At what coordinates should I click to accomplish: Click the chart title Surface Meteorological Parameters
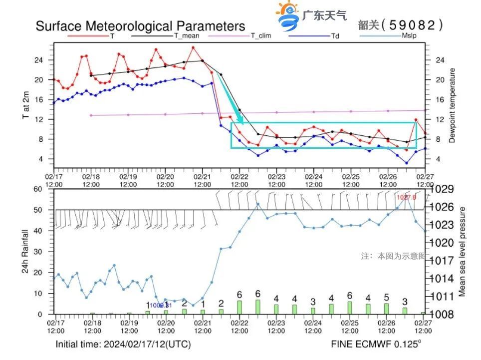coord(140,26)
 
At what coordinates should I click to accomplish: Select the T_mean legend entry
coord(186,36)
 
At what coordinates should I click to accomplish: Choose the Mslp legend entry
coord(409,36)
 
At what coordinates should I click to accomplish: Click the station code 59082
coord(415,25)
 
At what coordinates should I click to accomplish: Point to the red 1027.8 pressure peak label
coord(406,197)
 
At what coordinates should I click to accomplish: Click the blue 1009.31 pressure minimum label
coord(161,305)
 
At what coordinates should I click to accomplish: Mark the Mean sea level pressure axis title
coord(462,252)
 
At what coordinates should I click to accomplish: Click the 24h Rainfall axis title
coord(25,252)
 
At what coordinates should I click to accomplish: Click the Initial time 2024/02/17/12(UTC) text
coord(123,344)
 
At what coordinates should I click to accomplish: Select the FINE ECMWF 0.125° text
coord(376,344)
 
